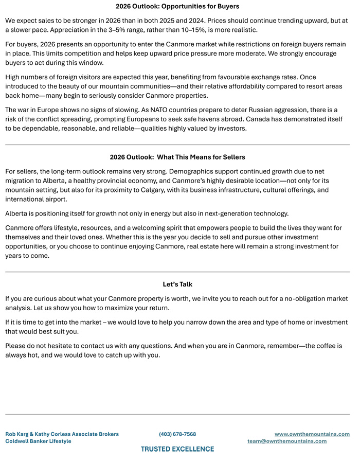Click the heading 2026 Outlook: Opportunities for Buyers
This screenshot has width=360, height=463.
click(x=177, y=7)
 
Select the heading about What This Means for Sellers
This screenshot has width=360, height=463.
click(x=177, y=157)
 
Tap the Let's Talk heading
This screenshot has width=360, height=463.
click(x=177, y=284)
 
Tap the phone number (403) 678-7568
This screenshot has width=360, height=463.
click(x=177, y=434)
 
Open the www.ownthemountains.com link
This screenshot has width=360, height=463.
click(x=312, y=434)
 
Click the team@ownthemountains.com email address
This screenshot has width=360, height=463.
click(x=287, y=441)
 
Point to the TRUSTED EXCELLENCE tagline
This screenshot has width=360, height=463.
click(x=177, y=449)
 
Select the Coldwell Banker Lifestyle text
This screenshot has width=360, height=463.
click(x=38, y=441)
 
